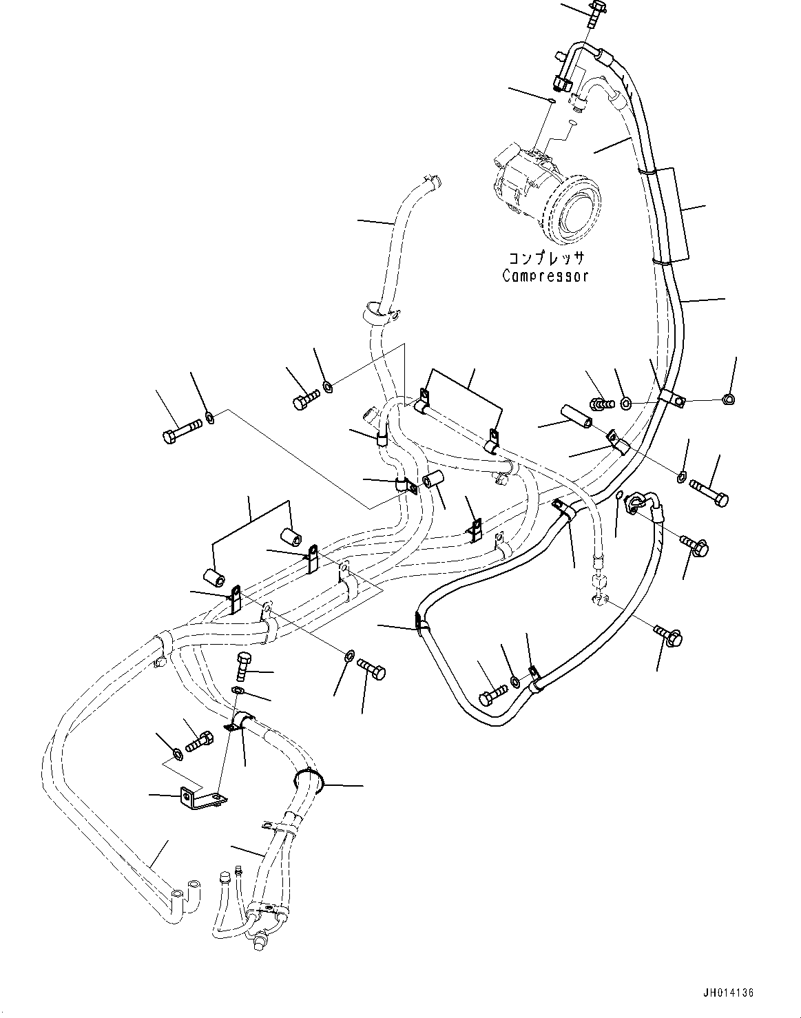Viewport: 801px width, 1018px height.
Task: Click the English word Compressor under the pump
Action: [545, 276]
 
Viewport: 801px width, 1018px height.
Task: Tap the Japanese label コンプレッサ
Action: [546, 258]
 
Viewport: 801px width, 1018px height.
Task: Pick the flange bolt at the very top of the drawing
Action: [593, 12]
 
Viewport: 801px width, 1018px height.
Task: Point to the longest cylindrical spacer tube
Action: [576, 417]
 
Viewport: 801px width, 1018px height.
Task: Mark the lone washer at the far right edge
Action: [728, 398]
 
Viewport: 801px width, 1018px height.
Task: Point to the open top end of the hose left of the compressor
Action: [431, 183]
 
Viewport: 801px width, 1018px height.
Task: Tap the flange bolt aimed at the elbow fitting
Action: [694, 546]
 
